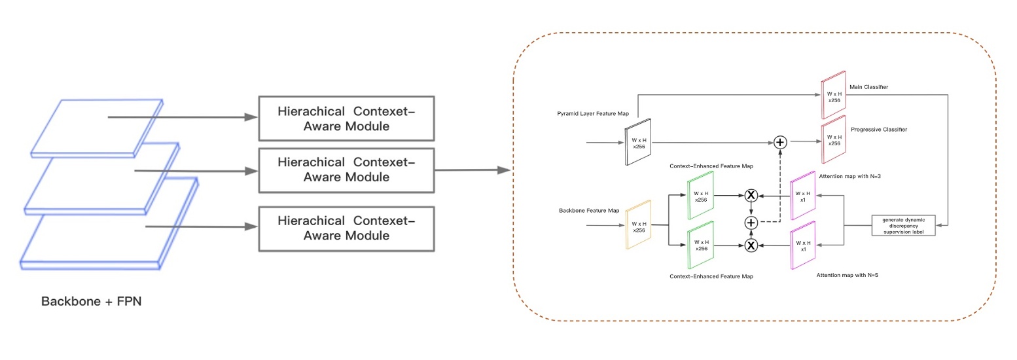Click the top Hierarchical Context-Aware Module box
(346, 118)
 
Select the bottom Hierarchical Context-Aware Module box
(346, 228)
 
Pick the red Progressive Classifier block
(833, 140)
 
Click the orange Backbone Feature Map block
(639, 226)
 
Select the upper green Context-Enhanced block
(700, 194)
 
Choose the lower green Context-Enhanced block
(700, 245)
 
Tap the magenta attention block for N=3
(803, 194)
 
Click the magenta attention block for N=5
(803, 245)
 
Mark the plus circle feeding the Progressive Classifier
(779, 142)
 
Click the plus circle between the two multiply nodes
(751, 223)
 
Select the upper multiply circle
(751, 195)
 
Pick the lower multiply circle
(751, 245)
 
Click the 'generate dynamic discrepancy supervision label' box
(904, 225)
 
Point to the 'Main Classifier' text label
(868, 86)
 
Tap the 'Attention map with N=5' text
(847, 276)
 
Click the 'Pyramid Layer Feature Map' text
(593, 114)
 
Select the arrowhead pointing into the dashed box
(504, 170)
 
